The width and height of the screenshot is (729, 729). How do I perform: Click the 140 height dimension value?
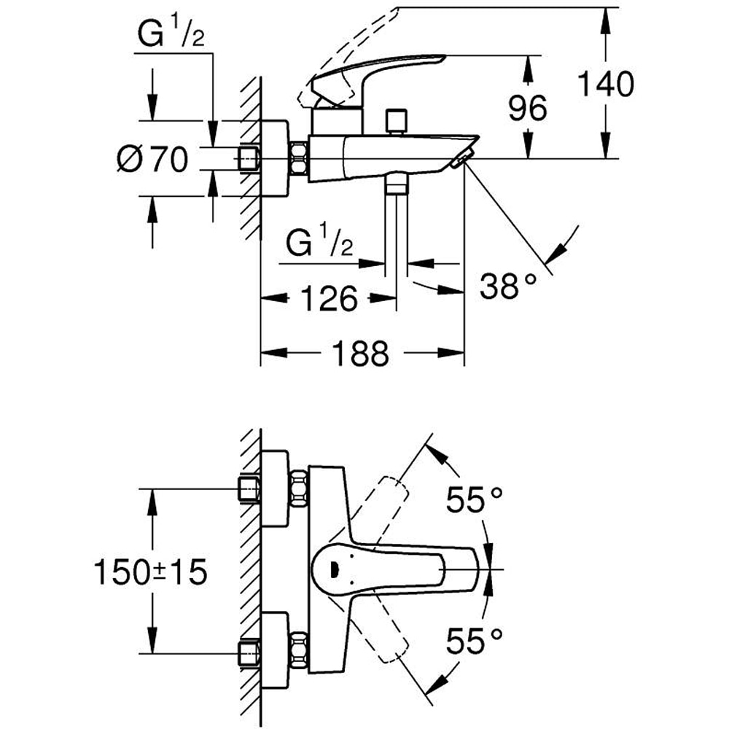point(605,85)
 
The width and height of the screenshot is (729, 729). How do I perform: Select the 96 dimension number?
point(527,109)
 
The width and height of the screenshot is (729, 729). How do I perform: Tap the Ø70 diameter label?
point(152,158)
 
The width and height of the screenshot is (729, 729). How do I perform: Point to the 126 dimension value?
point(329,298)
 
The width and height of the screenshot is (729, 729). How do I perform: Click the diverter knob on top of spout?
point(397,120)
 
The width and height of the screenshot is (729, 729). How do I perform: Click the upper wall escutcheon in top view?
point(275,488)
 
